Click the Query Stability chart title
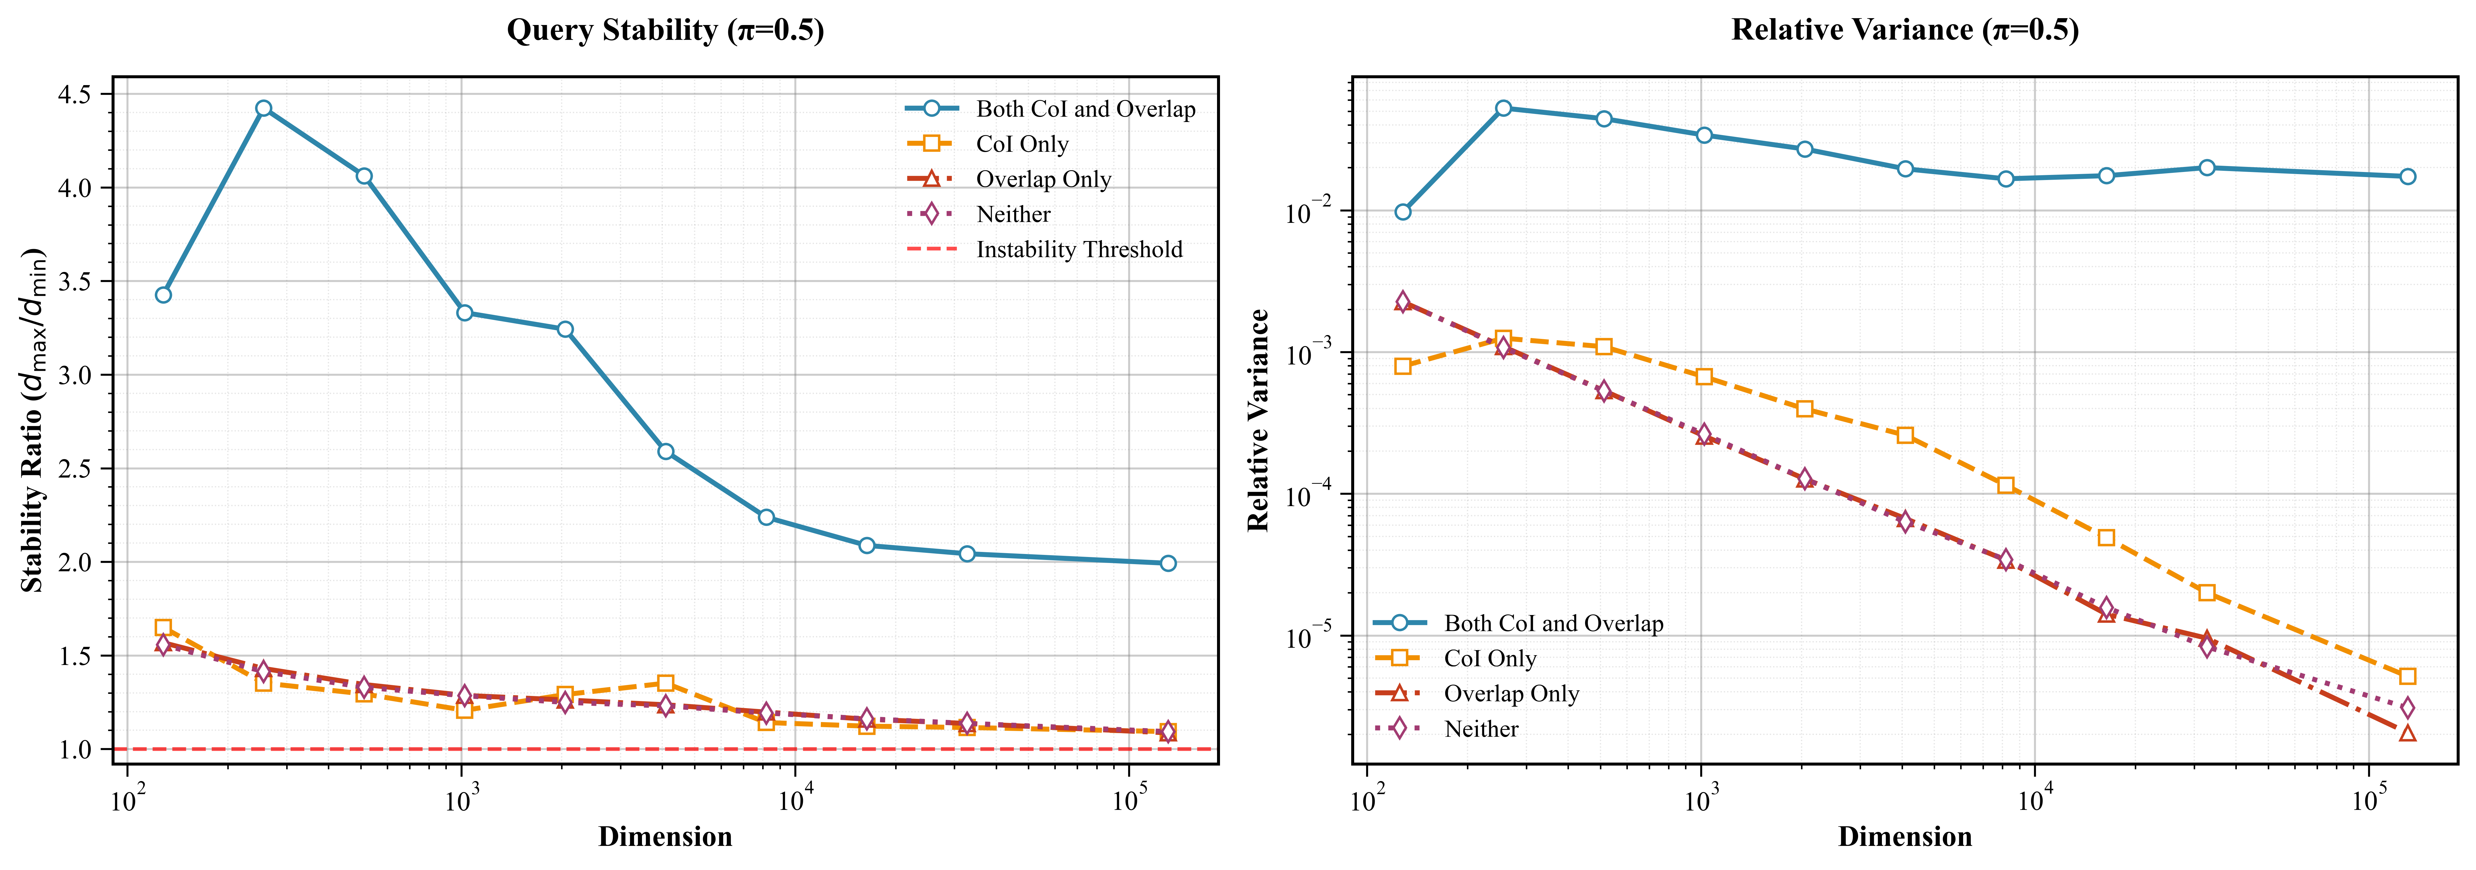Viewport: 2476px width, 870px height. pyautogui.click(x=665, y=31)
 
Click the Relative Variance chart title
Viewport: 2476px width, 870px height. pyautogui.click(x=1905, y=31)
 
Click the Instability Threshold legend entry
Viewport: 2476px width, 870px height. pyautogui.click(x=1078, y=250)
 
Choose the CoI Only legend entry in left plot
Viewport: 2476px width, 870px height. pyautogui.click(x=1022, y=144)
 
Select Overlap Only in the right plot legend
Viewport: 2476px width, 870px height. pyautogui.click(x=1511, y=694)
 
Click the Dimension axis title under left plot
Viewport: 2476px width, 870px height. pyautogui.click(x=665, y=836)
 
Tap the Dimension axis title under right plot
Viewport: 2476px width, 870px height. pyautogui.click(x=1905, y=836)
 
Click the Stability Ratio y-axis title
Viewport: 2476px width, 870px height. pyautogui.click(x=33, y=420)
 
